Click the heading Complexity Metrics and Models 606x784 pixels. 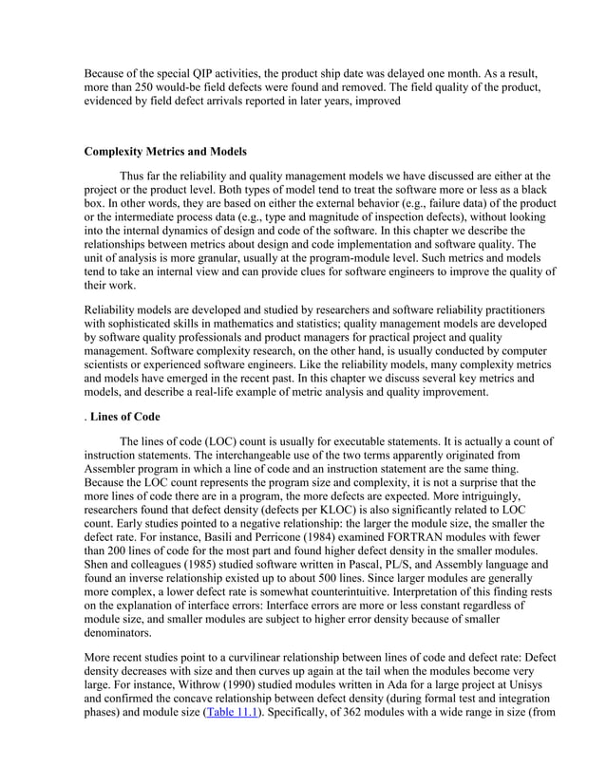165,152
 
